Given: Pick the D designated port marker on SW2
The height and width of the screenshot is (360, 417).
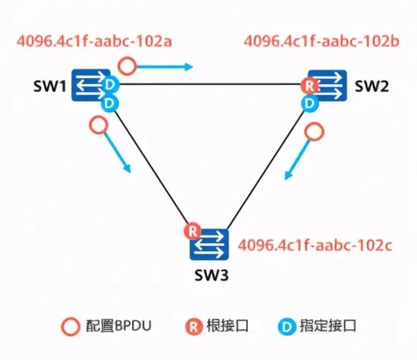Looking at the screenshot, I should pyautogui.click(x=310, y=102).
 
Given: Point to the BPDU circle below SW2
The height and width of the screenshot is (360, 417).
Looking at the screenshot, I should pyautogui.click(x=313, y=131).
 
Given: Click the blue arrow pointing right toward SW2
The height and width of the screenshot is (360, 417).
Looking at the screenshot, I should pyautogui.click(x=165, y=67).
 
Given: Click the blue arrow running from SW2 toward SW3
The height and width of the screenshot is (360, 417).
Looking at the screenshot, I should pyautogui.click(x=297, y=163).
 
